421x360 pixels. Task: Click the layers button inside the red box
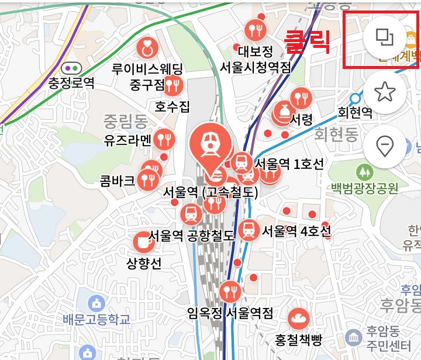point(384,39)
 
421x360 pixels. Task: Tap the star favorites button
point(384,92)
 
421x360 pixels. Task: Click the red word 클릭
point(307,42)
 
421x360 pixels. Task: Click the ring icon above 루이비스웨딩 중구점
point(147,49)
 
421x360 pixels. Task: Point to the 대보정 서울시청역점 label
point(256,60)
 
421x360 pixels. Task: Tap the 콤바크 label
point(118,179)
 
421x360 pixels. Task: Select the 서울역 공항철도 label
point(191,236)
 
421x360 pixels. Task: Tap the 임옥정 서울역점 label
point(230,314)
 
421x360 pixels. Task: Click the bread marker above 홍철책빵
point(299,319)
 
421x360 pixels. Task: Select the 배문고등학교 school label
point(96,319)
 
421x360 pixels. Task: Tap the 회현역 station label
point(355,112)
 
